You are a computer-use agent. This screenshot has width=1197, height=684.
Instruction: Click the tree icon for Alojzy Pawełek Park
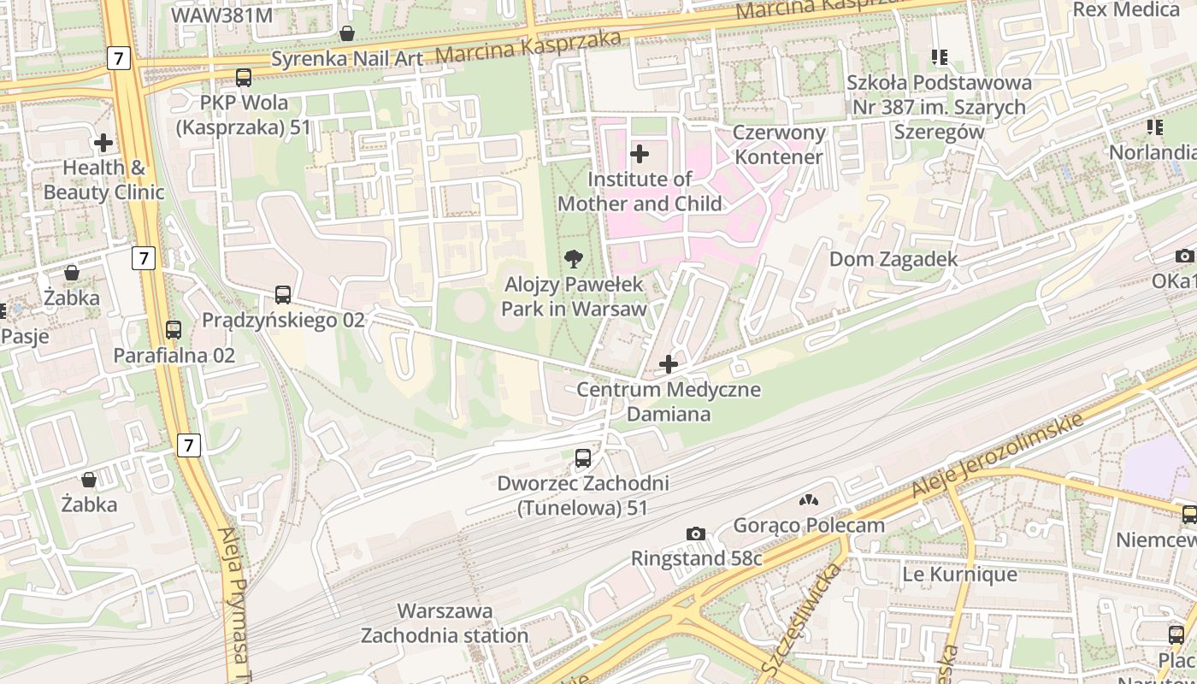point(574,258)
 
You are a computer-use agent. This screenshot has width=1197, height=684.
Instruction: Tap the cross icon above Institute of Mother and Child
point(639,154)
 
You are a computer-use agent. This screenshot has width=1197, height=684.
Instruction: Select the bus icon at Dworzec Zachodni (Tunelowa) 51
point(583,457)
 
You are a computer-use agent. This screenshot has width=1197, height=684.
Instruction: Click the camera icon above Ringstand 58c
point(696,534)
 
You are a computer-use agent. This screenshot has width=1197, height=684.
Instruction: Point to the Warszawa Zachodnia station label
point(445,623)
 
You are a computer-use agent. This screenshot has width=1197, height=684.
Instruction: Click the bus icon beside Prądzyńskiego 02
point(283,295)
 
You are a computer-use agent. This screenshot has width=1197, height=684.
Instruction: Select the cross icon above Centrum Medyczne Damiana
point(669,364)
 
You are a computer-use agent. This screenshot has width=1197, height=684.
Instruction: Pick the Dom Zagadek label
point(893,259)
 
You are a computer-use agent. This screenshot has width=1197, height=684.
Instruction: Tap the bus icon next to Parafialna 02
point(174,329)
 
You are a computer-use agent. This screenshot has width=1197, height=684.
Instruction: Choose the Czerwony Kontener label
point(779,144)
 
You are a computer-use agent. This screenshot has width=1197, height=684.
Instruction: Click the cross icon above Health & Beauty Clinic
point(103,142)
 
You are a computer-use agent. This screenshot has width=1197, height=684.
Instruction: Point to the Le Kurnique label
point(959,575)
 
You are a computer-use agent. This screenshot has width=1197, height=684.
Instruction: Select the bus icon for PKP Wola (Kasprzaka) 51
point(244,78)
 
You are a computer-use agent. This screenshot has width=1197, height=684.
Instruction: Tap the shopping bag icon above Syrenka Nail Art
point(347,33)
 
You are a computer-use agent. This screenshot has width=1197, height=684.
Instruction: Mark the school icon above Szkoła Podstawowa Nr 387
point(940,57)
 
